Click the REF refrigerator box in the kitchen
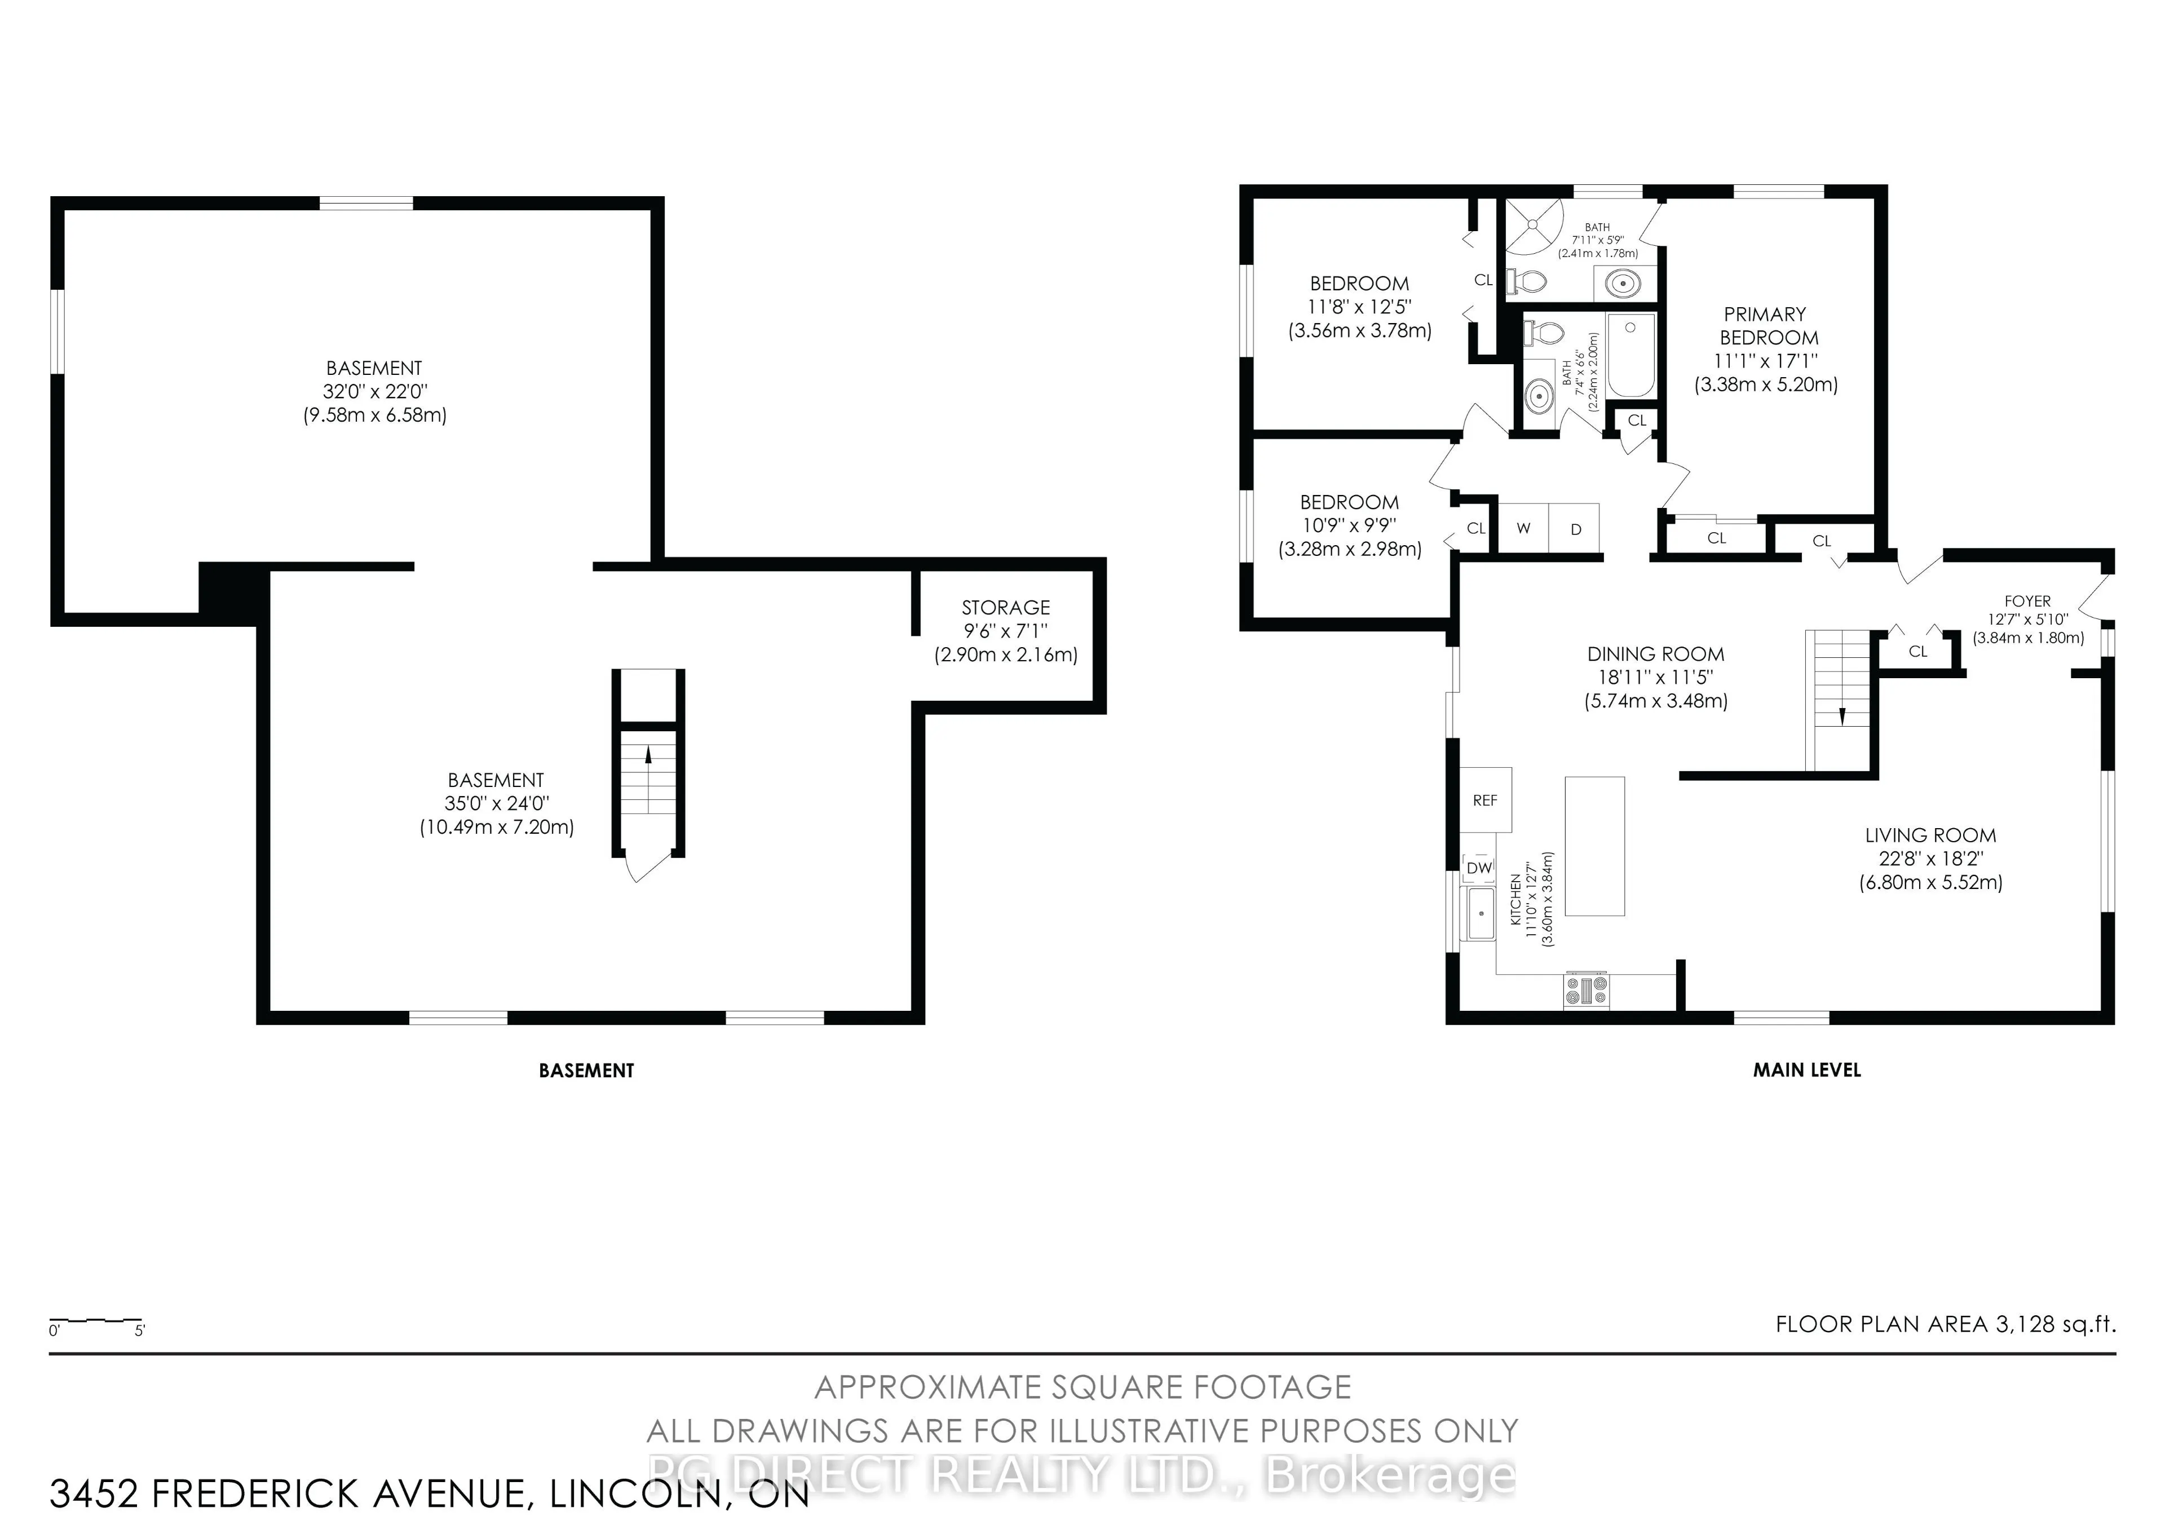[x=1485, y=799]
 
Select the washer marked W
[x=1523, y=529]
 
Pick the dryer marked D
[x=1575, y=529]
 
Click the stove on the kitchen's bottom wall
[x=1586, y=990]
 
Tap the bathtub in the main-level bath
[x=1631, y=356]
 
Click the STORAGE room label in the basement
[x=1005, y=608]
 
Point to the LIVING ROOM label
[x=1930, y=835]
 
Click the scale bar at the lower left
[x=95, y=1321]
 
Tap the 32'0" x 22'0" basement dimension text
[x=374, y=391]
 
